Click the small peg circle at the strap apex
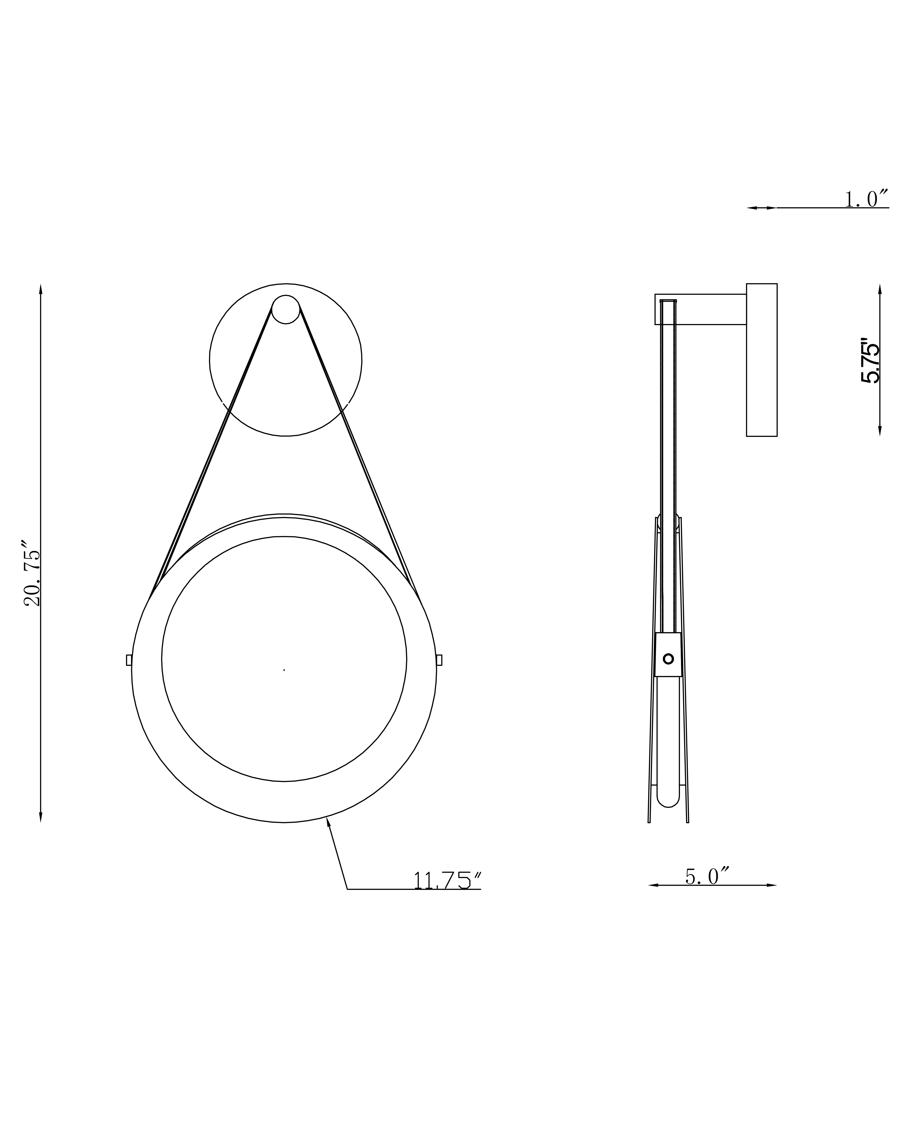point(285,309)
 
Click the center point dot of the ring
point(284,670)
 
